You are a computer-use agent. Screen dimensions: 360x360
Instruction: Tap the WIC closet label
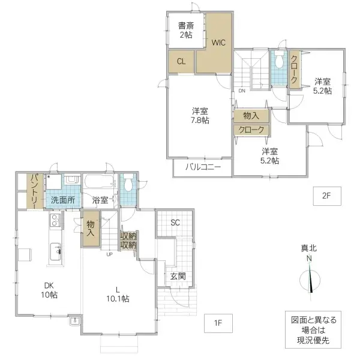(x=217, y=42)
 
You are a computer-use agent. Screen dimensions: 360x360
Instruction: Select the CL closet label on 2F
(x=181, y=61)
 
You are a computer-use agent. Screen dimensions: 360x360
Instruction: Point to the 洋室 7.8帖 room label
(x=200, y=116)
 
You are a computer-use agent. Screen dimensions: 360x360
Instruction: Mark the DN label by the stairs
(x=242, y=91)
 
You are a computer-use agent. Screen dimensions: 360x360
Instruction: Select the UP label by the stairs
(x=109, y=254)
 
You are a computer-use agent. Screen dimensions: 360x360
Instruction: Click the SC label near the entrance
(x=175, y=223)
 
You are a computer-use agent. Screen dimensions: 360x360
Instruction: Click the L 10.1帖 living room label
(x=118, y=293)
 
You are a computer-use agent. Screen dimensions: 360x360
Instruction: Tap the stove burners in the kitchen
(x=53, y=223)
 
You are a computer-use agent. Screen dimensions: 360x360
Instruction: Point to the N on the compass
(x=310, y=259)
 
